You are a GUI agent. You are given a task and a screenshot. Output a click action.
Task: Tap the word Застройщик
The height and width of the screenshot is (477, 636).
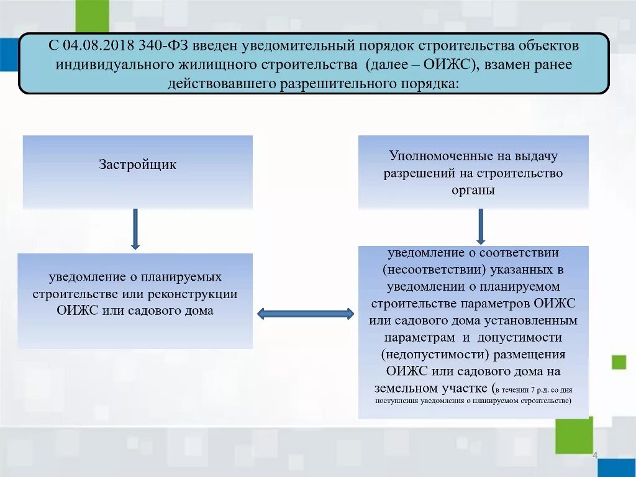click(138, 165)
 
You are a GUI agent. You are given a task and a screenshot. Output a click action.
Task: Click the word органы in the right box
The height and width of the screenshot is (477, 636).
click(473, 191)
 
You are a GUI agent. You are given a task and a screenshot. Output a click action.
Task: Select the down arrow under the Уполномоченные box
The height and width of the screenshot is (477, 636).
click(481, 226)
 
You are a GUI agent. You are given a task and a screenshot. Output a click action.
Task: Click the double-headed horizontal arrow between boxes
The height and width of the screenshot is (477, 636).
click(305, 314)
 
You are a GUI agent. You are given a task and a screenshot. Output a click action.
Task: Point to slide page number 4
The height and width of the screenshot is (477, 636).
click(594, 457)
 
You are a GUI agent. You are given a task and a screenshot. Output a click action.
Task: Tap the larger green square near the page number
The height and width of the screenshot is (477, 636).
click(573, 435)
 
